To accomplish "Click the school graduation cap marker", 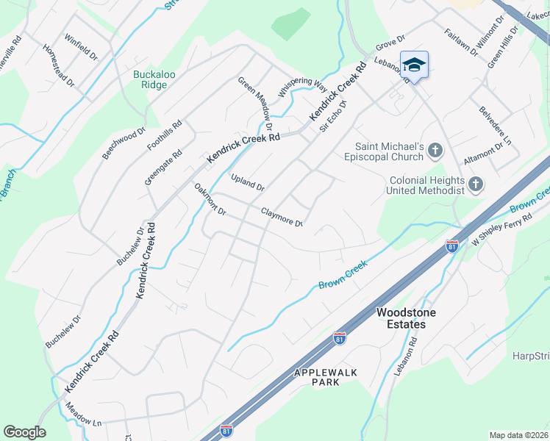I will point(414,65).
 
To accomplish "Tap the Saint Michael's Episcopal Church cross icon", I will point(436,151).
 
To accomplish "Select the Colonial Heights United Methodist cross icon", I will point(476,184).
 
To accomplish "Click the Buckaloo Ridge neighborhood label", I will point(150,79).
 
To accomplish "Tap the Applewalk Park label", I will point(326,378).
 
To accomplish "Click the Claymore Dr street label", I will point(282,217).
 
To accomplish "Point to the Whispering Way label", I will point(302,87).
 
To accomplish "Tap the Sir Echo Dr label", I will point(332,115).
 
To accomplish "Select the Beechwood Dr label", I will point(119,144).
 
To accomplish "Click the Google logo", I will point(24,432).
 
